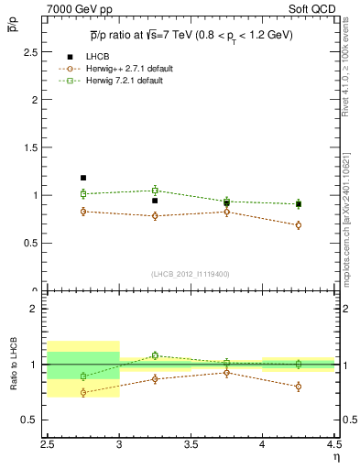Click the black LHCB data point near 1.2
pyautogui.click(x=83, y=178)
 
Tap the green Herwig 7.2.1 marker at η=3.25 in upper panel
pyautogui.click(x=155, y=191)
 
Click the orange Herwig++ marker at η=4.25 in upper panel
pyautogui.click(x=299, y=224)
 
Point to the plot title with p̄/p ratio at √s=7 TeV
pyautogui.click(x=191, y=35)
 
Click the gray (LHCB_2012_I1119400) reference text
pyautogui.click(x=191, y=274)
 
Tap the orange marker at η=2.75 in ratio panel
pyautogui.click(x=83, y=392)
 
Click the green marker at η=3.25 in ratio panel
pyautogui.click(x=155, y=355)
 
